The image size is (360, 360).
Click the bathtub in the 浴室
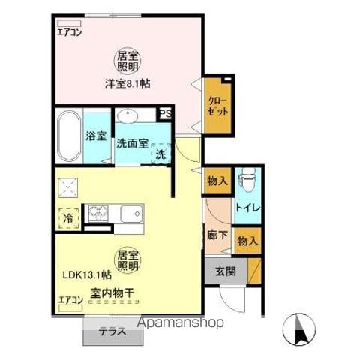[x=69, y=136]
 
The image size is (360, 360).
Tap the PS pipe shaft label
[x=166, y=114]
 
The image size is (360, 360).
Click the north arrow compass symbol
[x=299, y=328]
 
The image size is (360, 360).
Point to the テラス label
[x=113, y=331]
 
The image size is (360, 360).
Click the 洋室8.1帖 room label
[x=127, y=83]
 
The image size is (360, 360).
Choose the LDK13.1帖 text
[x=87, y=275]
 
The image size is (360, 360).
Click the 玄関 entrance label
[x=226, y=271]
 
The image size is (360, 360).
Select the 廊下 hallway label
[x=217, y=235]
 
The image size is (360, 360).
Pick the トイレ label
[x=248, y=208]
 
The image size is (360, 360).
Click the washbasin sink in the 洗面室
[x=127, y=115]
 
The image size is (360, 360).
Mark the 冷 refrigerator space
[x=68, y=219]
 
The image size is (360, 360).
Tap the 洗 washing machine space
[x=160, y=154]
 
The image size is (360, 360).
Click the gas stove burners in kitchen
[x=98, y=214]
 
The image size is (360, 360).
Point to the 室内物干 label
[x=112, y=292]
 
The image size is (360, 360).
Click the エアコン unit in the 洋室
[x=69, y=23]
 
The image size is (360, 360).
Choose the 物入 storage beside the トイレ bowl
[x=217, y=181]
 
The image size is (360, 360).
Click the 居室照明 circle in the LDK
[x=127, y=260]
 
